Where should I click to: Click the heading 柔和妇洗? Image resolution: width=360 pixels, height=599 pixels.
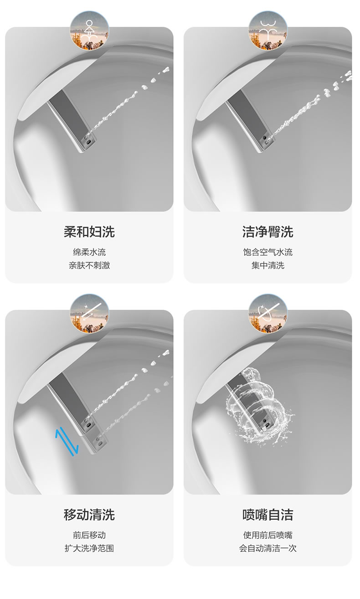coord(89,232)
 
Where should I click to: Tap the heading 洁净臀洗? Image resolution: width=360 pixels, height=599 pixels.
coord(268,232)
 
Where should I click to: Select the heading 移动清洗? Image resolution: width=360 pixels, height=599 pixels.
coord(89,515)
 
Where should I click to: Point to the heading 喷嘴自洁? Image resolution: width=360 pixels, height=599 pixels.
coord(268,515)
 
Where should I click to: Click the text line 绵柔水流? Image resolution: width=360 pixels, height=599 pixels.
coord(89,252)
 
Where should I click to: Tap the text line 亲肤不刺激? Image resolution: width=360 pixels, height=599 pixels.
coord(89,265)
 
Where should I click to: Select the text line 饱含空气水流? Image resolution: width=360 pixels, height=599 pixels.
coord(268,252)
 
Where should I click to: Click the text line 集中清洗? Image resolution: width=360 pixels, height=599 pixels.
coord(268,265)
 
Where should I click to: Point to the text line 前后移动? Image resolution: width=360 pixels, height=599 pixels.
coord(89,535)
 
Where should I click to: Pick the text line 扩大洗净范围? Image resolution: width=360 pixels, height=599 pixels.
coord(89,548)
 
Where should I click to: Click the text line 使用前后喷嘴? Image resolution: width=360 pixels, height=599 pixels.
coord(268,535)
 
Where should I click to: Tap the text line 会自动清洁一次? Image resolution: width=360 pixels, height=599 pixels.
coord(268,548)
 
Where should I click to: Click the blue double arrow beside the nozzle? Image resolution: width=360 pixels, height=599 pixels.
coord(67,441)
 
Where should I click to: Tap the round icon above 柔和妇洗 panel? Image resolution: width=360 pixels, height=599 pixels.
coord(89,30)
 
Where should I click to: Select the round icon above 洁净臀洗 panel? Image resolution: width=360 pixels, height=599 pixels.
coord(268,30)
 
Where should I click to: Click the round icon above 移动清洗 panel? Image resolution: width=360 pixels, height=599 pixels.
coord(89,314)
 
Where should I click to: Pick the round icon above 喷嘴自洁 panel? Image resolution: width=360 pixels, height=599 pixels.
coord(268,314)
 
